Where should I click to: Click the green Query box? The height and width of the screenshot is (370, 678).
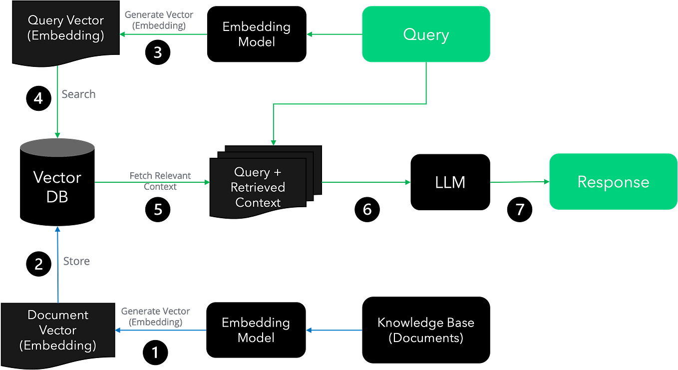[426, 34]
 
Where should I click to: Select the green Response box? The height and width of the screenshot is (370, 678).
[613, 182]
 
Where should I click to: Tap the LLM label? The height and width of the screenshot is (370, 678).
[450, 182]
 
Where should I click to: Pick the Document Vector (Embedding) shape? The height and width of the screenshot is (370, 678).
[57, 330]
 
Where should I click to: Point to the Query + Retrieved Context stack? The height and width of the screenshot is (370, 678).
[258, 187]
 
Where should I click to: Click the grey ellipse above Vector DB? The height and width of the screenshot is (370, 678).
[57, 147]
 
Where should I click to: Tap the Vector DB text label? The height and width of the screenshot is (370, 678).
[57, 187]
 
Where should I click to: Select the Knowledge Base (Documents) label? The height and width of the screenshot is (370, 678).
[425, 330]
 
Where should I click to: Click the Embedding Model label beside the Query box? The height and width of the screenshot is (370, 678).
[256, 34]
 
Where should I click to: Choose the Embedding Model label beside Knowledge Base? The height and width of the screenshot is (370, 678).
[256, 330]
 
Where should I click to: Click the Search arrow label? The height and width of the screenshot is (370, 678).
[78, 94]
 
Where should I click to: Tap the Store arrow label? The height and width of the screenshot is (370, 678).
[76, 261]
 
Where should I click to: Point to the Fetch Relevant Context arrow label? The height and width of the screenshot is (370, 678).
[160, 181]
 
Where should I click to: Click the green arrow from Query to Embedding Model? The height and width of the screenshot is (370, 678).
[334, 34]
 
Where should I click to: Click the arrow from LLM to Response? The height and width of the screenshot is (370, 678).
[519, 182]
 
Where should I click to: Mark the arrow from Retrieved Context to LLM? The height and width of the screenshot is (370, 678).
[365, 182]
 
